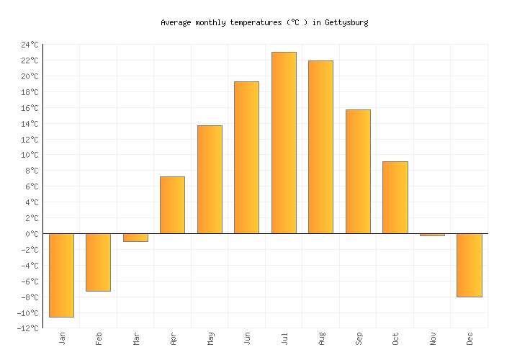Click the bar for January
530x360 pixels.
tap(61, 275)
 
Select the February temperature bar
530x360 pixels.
tap(98, 262)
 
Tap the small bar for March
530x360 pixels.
tap(135, 238)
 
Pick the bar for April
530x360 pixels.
tap(172, 205)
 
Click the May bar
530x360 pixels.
tap(210, 179)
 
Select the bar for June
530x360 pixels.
tap(246, 158)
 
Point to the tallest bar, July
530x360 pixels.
tap(284, 143)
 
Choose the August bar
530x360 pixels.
tap(320, 147)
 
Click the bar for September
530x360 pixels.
tap(358, 171)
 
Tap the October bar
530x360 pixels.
tap(395, 197)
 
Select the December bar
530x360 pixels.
tap(469, 265)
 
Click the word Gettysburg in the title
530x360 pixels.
tap(346, 22)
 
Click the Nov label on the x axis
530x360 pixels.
tap(432, 338)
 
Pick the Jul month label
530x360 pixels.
tap(284, 338)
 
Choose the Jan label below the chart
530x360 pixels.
tap(61, 338)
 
